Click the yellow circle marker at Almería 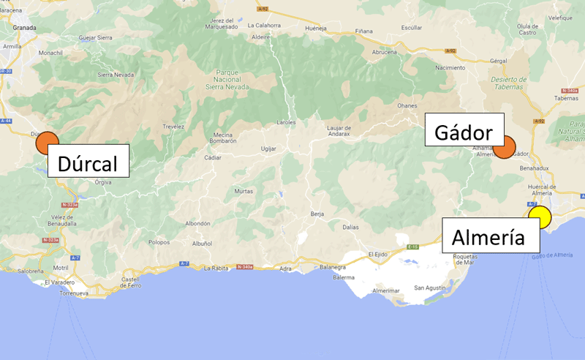[x=540, y=217]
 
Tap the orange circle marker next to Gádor [x=504, y=148]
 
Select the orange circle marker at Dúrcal [x=47, y=143]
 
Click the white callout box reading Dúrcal [x=88, y=160]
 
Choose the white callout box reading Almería [x=488, y=236]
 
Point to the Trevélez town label [x=173, y=126]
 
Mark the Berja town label [x=317, y=214]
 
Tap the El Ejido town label [x=377, y=254]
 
